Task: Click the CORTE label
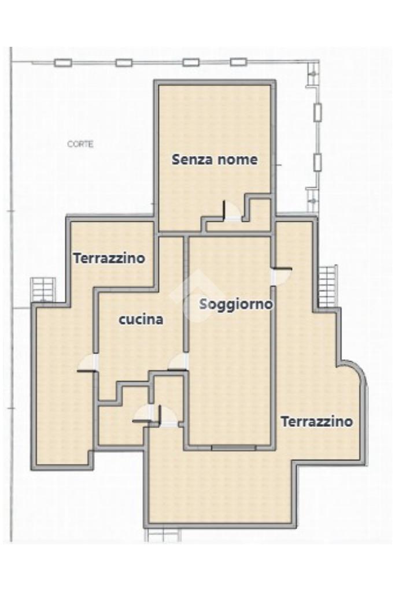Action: (x=80, y=144)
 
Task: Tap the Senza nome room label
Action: (x=215, y=159)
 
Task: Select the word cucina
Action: (x=141, y=319)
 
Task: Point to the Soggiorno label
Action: (x=236, y=304)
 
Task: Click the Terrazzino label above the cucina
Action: (x=109, y=259)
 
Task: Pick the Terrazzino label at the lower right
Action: (x=317, y=421)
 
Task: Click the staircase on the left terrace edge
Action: (x=43, y=289)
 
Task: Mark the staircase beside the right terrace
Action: (x=327, y=286)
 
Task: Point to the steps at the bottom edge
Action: (x=163, y=534)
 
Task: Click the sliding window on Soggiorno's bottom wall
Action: (x=234, y=447)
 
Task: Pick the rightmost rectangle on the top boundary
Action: (x=238, y=61)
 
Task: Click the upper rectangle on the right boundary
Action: (x=318, y=111)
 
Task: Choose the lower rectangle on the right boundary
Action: (x=318, y=162)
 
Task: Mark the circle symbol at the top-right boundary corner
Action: (x=312, y=74)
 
